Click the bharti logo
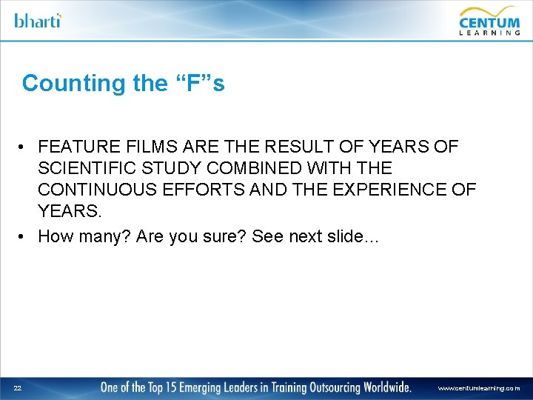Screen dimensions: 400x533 pos(38,20)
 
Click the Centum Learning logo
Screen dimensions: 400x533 pos(489,20)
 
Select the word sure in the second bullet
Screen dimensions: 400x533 pos(225,236)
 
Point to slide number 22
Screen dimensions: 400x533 pos(16,387)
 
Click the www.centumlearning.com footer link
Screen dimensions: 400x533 pos(479,388)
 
